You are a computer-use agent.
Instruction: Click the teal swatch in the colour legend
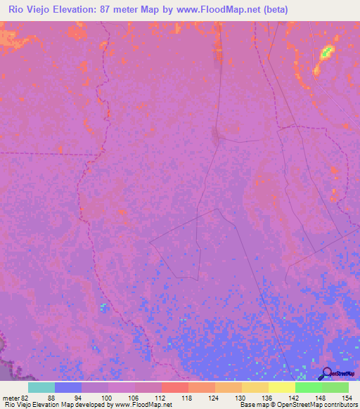[x=41, y=387]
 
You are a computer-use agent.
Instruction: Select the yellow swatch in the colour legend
[x=282, y=387]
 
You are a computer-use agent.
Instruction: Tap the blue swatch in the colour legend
[x=68, y=387]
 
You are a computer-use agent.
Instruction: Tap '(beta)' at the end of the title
[x=273, y=11]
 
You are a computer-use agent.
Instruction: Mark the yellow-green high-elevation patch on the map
[x=326, y=53]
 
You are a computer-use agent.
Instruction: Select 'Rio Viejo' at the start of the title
[x=29, y=11]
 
